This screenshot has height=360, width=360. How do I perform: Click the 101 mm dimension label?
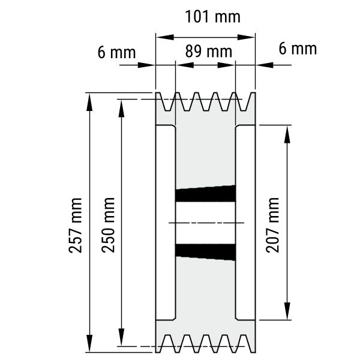click(212, 17)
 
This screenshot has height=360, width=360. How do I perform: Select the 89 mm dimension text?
click(209, 52)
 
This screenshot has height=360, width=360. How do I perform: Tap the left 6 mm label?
click(116, 53)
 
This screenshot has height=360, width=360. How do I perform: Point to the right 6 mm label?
click(298, 49)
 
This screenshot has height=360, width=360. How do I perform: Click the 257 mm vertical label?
click(76, 226)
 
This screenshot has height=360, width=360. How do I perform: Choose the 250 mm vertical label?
click(108, 225)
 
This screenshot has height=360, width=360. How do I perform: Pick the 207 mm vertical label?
click(272, 225)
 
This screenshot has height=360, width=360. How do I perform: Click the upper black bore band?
click(205, 194)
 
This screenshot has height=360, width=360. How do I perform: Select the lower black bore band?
click(205, 252)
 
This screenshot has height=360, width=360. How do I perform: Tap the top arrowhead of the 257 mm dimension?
click(89, 102)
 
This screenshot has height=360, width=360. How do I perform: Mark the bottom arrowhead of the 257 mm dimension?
click(89, 343)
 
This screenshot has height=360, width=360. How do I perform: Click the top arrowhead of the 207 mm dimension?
click(287, 134)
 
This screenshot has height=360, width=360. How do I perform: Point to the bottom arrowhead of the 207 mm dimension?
click(287, 311)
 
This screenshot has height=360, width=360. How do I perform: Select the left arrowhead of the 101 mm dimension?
click(165, 37)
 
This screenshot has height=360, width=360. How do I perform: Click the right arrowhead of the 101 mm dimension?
click(246, 37)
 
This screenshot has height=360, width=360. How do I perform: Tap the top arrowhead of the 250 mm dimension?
click(121, 109)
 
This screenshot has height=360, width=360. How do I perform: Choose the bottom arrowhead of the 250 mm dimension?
click(121, 337)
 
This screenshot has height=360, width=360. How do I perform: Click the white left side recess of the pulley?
click(166, 223)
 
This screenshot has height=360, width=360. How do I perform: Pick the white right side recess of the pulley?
click(245, 223)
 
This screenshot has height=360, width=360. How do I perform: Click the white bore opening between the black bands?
click(205, 223)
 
